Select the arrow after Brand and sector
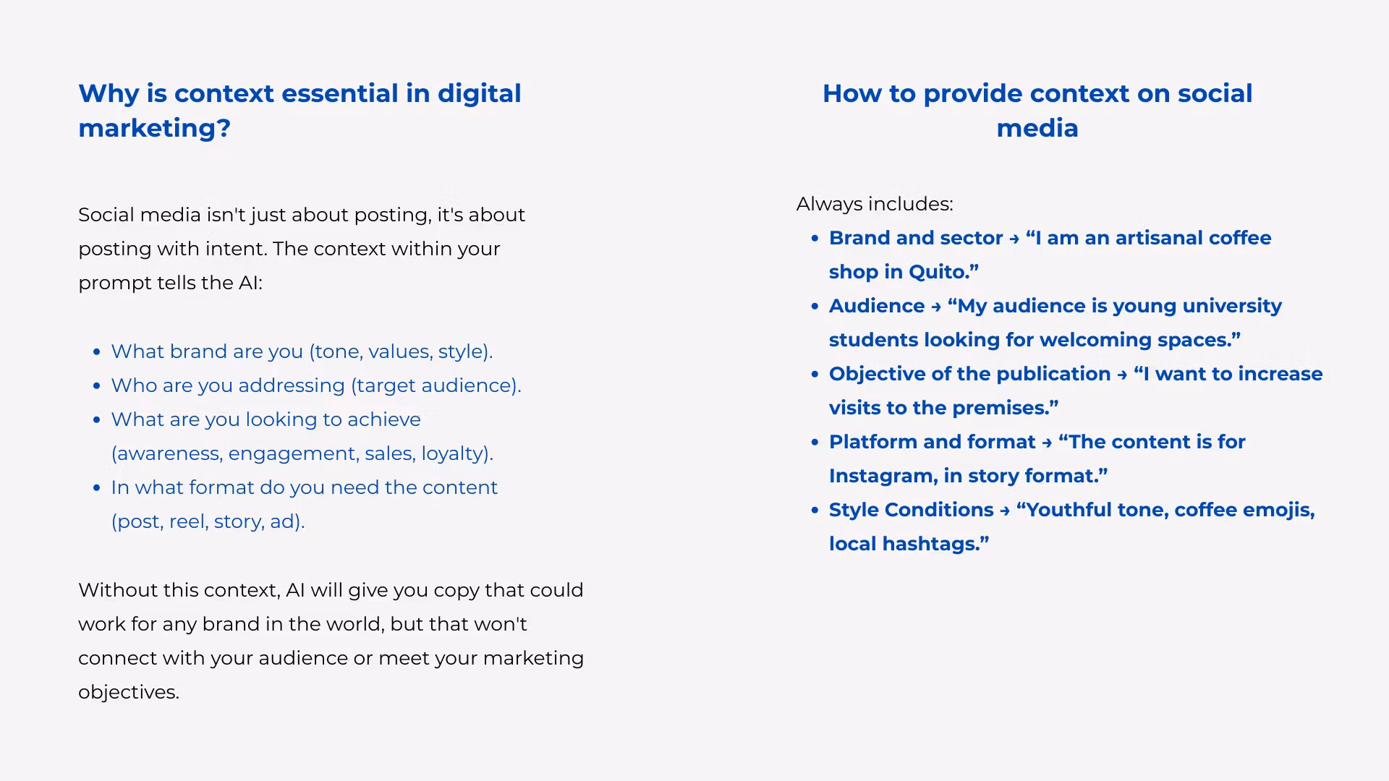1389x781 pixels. [1014, 239]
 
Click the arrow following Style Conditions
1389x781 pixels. [1005, 511]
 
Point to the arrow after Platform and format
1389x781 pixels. [1047, 443]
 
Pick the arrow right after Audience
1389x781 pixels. [936, 307]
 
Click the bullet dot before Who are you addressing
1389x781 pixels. [97, 386]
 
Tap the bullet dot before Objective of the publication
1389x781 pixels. [815, 375]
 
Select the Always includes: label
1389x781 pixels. [875, 204]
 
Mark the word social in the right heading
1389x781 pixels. [1215, 93]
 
